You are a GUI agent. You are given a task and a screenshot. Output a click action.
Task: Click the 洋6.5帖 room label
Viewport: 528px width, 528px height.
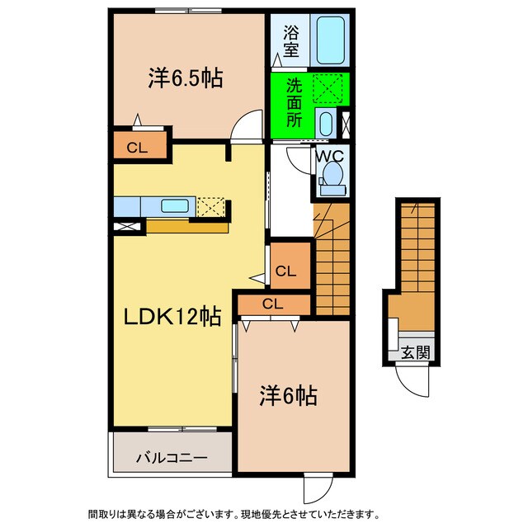(x=186, y=79)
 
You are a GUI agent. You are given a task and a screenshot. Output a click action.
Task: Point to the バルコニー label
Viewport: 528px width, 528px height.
(x=172, y=455)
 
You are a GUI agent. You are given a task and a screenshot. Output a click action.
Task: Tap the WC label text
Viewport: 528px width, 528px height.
(x=331, y=153)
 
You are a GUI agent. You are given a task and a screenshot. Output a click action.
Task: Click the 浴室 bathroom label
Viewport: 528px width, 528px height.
(x=290, y=40)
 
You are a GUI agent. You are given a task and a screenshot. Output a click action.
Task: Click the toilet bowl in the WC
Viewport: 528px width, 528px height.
(x=333, y=174)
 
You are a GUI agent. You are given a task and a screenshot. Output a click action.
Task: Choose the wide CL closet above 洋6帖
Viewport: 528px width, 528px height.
(x=273, y=304)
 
